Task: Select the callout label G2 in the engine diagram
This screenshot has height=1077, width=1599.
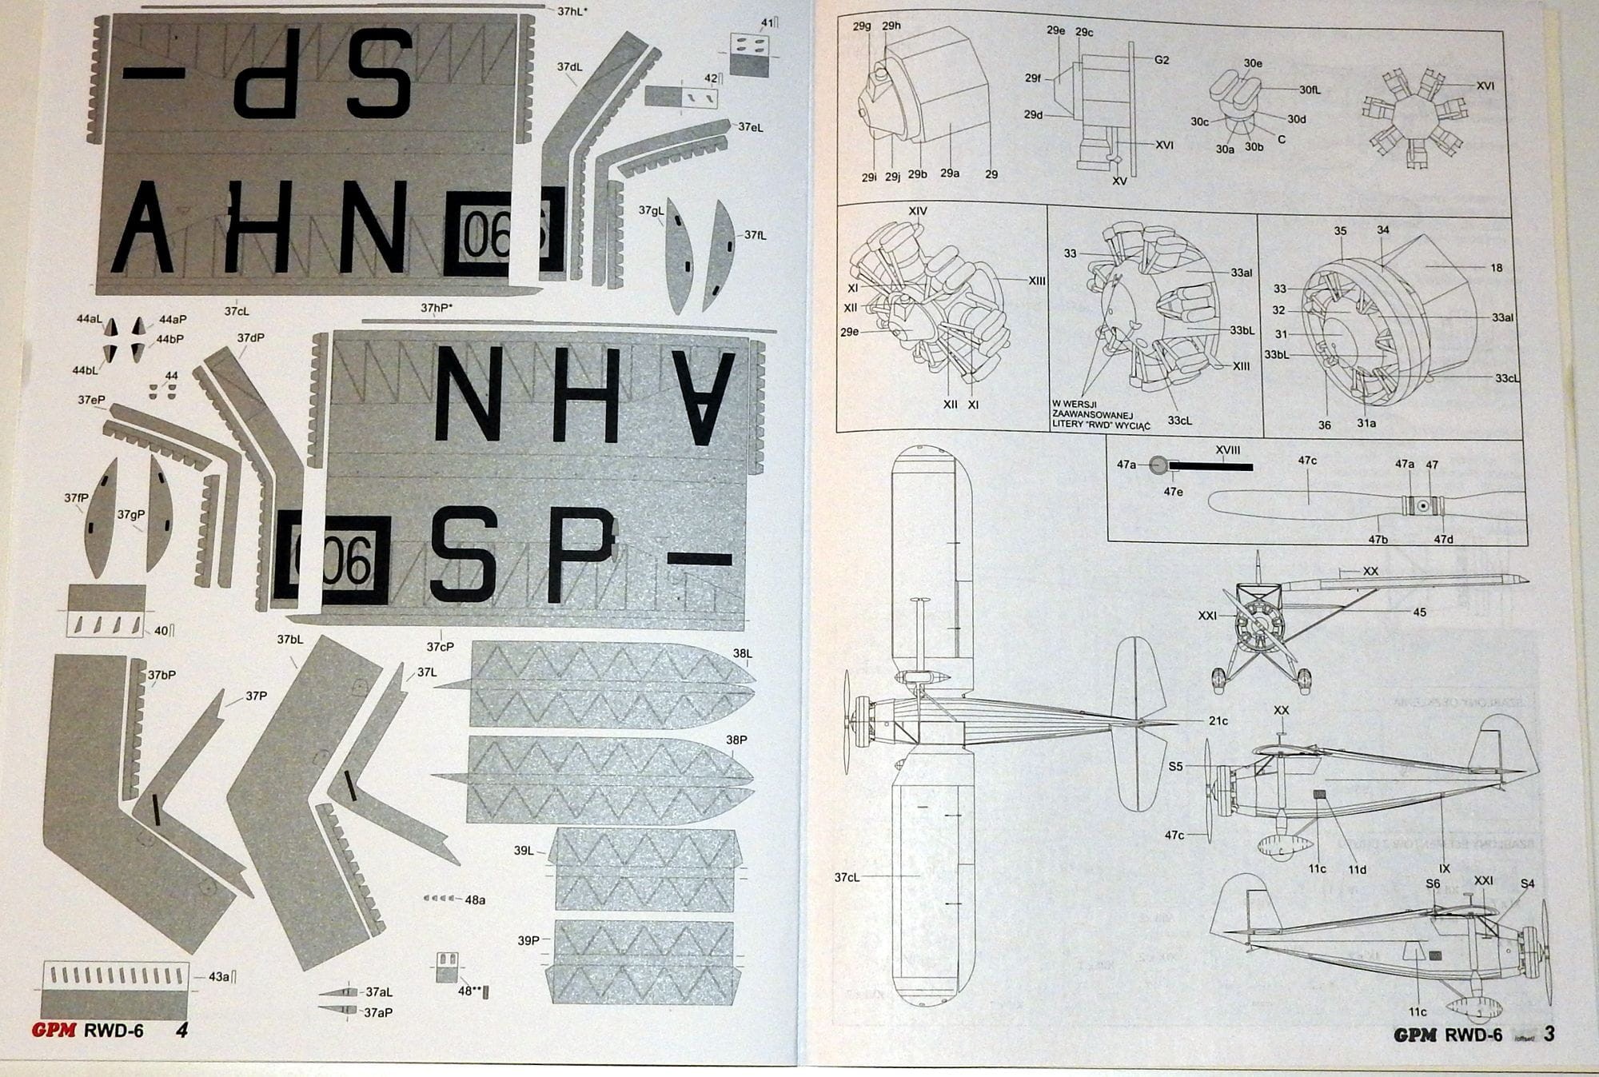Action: coord(1162,60)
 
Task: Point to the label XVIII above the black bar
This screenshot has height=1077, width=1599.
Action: coord(1227,450)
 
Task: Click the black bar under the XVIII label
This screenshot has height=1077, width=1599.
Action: coord(1211,466)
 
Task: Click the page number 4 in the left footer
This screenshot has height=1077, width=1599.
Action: coord(181,1031)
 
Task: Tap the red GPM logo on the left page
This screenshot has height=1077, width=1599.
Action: coord(54,1031)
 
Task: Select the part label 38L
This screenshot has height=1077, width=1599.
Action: coord(742,653)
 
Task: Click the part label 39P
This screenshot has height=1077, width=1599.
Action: coord(528,940)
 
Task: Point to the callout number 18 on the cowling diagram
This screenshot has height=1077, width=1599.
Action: coord(1497,268)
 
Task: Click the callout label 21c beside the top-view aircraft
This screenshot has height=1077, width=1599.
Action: coord(1218,720)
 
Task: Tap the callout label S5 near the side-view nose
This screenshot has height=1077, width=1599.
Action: coord(1175,766)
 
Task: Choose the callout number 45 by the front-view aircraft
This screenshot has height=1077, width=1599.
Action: coord(1419,612)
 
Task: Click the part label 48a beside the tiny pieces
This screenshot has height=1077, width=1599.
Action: coord(475,899)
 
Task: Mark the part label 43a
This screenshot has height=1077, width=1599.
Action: coord(218,976)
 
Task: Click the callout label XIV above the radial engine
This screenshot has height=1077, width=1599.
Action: coord(917,211)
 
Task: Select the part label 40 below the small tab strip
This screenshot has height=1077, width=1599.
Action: coord(161,630)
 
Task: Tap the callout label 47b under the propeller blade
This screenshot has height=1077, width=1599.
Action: coord(1378,540)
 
